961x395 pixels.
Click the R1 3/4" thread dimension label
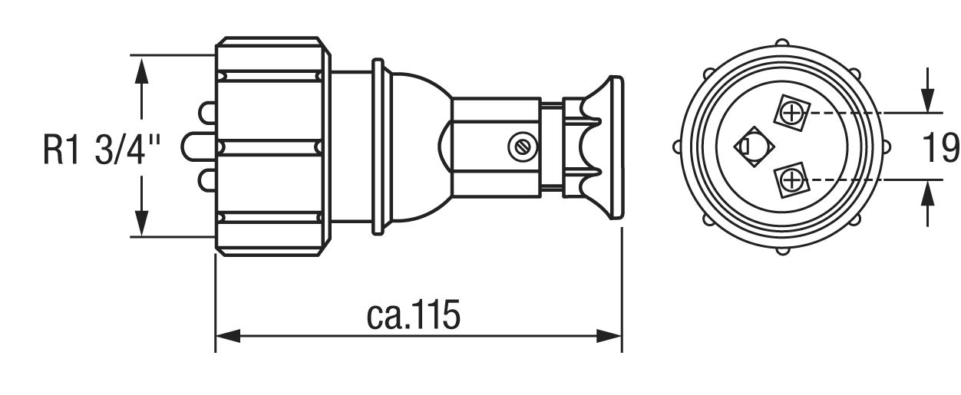[x=101, y=149]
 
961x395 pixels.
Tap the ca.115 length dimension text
[x=413, y=315]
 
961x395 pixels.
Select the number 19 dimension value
[x=941, y=147]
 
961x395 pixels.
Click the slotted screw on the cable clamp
[x=522, y=147]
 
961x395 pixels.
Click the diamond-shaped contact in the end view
[x=754, y=146]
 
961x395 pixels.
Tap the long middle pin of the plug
[x=198, y=146]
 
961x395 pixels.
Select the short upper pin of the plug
[x=206, y=113]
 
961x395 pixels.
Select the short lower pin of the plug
[x=206, y=180]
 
